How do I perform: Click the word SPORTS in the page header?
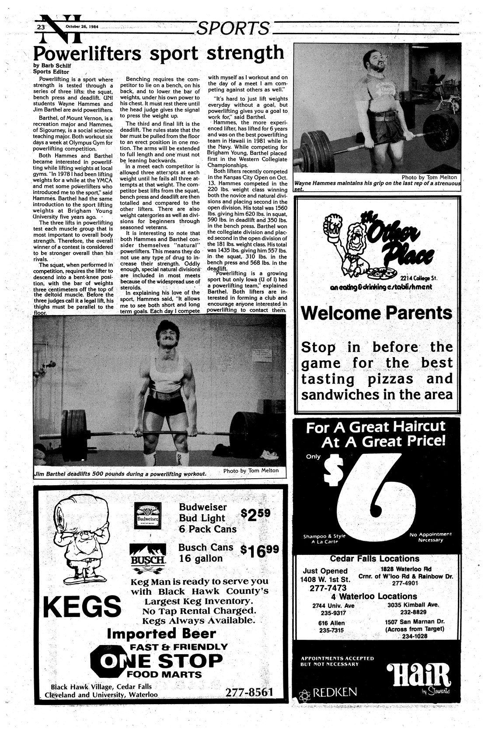(x=232, y=28)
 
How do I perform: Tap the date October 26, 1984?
(x=82, y=26)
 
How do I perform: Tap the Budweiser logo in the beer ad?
(x=147, y=517)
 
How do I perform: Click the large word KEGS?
(x=82, y=606)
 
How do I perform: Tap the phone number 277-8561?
(x=249, y=692)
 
